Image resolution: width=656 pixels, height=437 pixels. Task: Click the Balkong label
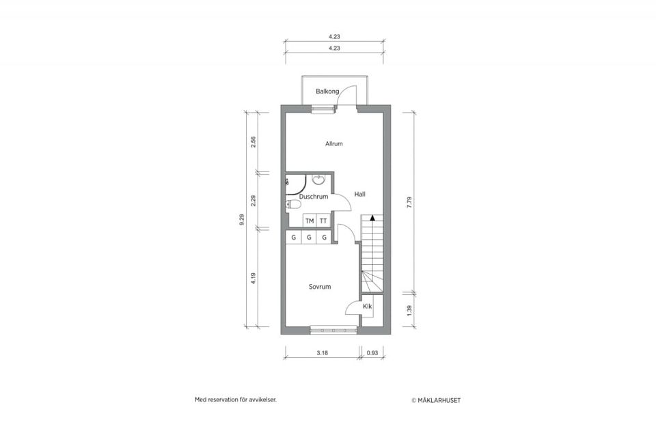[x=327, y=91]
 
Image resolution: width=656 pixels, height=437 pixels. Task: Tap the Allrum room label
[x=334, y=144]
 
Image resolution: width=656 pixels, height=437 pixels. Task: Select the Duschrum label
[x=314, y=197]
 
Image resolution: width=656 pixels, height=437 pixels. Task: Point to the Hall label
[x=359, y=194]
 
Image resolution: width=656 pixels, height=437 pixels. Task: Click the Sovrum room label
[x=319, y=287]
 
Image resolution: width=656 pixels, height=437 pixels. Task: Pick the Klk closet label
[x=368, y=307]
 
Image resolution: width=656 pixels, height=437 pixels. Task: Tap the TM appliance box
[x=310, y=221]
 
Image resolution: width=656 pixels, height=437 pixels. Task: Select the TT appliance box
[x=323, y=221]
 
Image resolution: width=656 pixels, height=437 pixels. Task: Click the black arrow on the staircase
[x=372, y=218]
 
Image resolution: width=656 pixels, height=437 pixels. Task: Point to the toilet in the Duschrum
[x=293, y=203]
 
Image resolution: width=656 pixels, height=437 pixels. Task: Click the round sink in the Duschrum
[x=318, y=180]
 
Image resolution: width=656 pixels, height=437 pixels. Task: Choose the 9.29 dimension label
[x=241, y=219]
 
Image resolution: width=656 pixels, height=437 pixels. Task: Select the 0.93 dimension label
[x=372, y=353]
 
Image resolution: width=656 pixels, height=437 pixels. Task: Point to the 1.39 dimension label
[x=409, y=309]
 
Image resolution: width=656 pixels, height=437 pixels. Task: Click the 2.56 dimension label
[x=254, y=142]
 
